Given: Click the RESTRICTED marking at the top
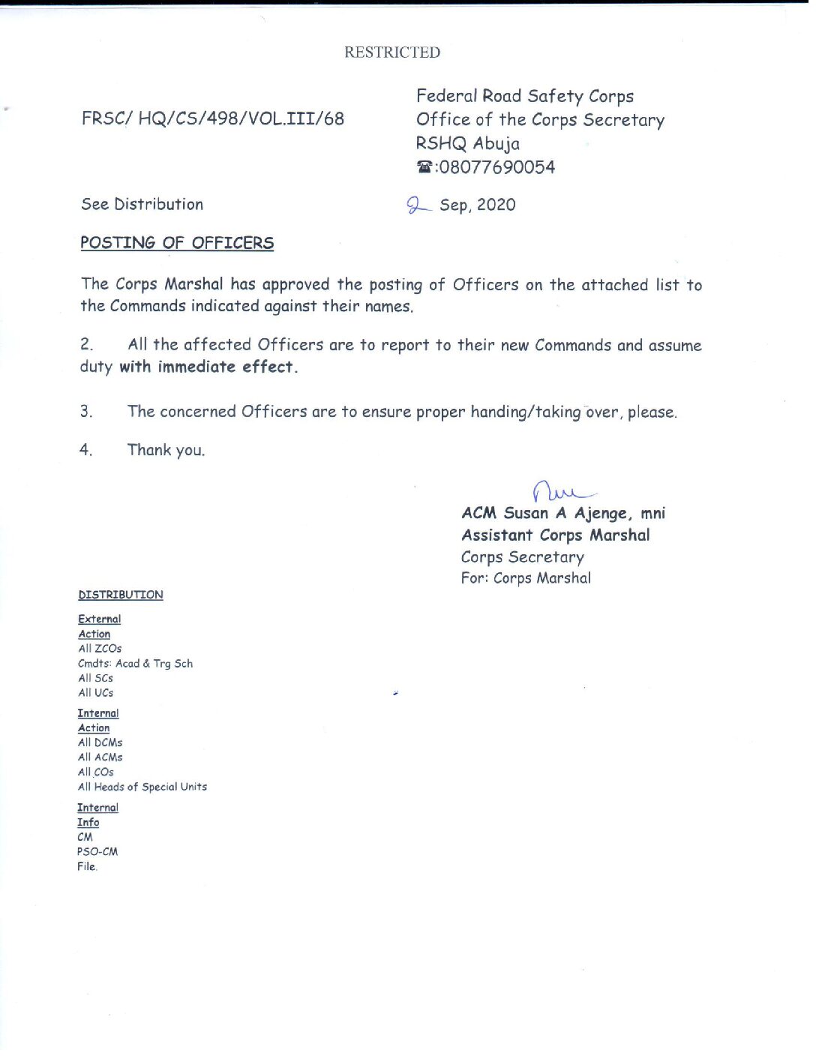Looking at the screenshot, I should coord(392,52).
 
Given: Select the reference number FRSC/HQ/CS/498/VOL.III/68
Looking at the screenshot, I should coord(213,118).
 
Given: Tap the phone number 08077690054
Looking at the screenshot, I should coord(497,167).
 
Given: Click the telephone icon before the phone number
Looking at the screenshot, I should coord(424,167).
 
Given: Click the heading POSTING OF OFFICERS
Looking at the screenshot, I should coord(177,243).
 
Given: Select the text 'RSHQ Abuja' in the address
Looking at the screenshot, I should coord(468,143).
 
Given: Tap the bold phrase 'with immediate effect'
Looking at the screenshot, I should coord(208,367).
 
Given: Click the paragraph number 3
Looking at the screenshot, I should coord(86,411).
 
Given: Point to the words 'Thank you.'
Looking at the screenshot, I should coord(166,450).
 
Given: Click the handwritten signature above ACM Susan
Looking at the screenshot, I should coord(562,492).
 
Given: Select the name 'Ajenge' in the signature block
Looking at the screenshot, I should coord(601,514).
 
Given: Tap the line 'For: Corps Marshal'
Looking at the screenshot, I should coord(526,578).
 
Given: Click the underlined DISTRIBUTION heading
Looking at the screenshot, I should coord(121,595).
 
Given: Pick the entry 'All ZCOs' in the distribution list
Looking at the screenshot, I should coord(100,649).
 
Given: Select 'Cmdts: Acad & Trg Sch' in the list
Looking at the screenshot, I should coord(136,664).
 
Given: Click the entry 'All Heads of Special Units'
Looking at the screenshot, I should coord(142,787).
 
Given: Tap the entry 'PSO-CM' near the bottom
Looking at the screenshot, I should coord(97,852).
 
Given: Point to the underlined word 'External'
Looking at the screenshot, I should coord(100,619).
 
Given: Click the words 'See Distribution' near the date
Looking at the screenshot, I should coord(142,205).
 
